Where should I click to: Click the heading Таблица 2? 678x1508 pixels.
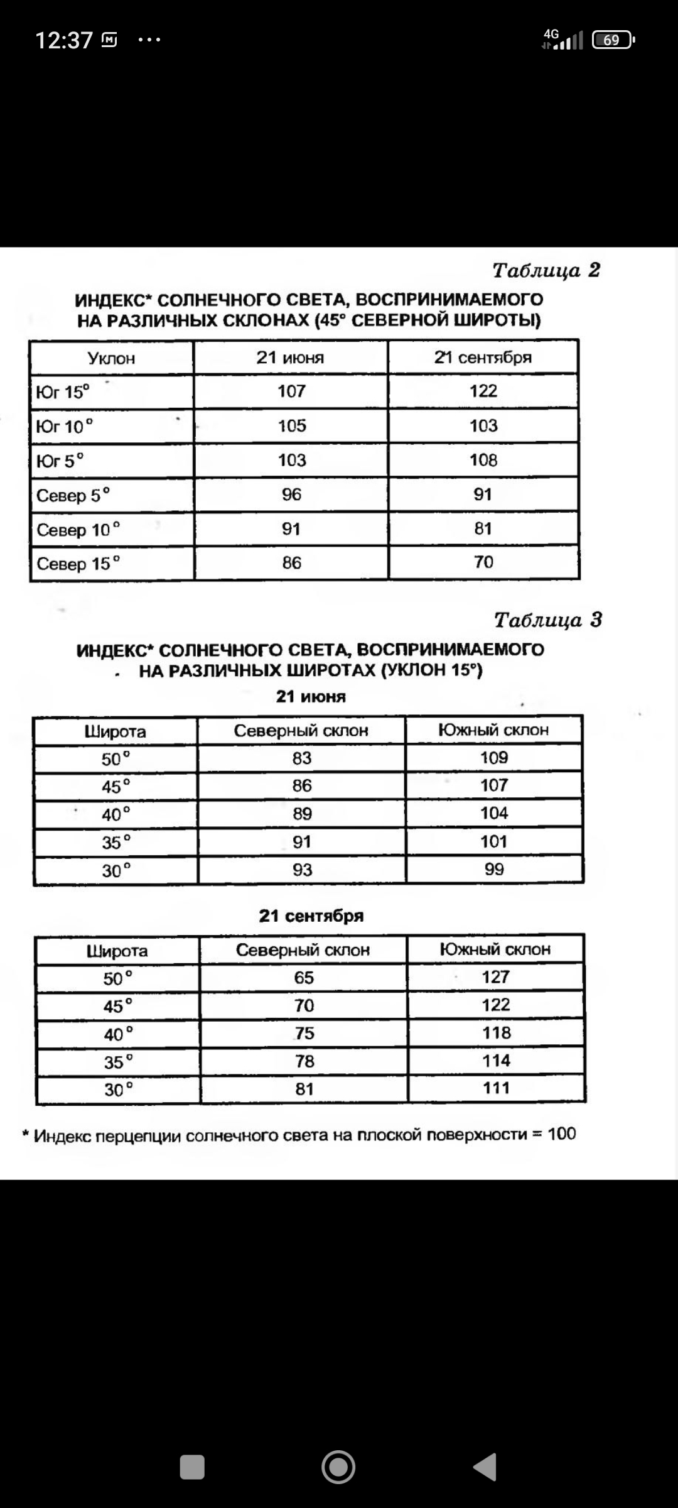(546, 270)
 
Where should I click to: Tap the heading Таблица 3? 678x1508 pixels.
(547, 620)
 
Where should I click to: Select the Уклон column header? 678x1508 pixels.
(111, 358)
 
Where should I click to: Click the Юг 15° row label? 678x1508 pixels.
(63, 392)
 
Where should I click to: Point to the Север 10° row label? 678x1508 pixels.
(78, 530)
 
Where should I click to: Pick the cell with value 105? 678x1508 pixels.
(292, 425)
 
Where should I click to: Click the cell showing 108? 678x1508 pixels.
(483, 460)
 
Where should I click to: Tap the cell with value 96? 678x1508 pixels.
(291, 494)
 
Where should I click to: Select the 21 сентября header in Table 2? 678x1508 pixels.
(483, 358)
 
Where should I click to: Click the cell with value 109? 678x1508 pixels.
(494, 758)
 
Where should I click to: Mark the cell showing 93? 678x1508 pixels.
(302, 870)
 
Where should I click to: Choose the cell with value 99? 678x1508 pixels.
(494, 869)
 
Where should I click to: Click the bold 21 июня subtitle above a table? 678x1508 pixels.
(311, 696)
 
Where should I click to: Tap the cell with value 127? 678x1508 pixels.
(495, 977)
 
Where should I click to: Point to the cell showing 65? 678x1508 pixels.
(304, 978)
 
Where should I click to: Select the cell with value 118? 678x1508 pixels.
(496, 1032)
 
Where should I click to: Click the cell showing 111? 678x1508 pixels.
(496, 1088)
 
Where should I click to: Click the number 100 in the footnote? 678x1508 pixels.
(561, 1134)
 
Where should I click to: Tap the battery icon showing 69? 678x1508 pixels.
(613, 40)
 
